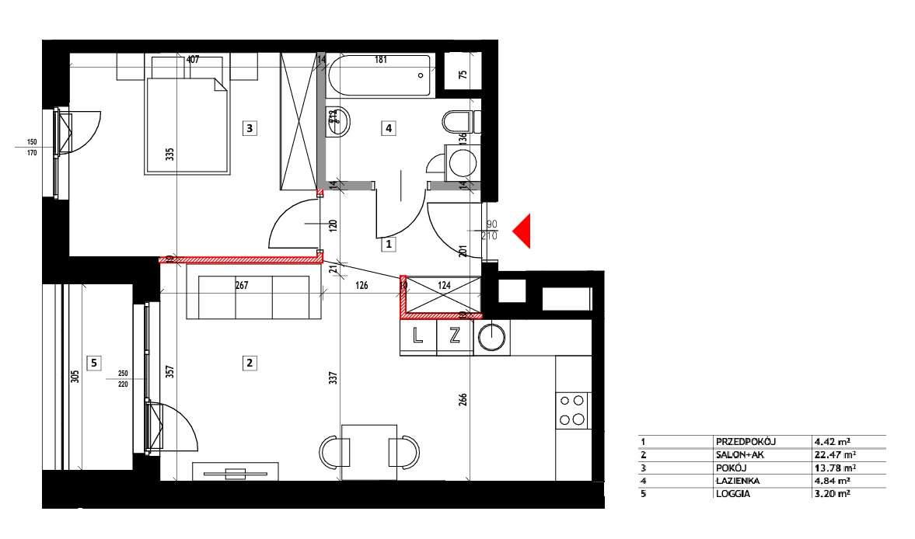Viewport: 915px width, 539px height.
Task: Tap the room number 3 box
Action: pyautogui.click(x=249, y=128)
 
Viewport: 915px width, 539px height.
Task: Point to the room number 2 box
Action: pyautogui.click(x=249, y=362)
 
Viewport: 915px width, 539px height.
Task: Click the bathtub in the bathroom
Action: pyautogui.click(x=379, y=76)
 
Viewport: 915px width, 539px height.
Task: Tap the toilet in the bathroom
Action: pyautogui.click(x=458, y=122)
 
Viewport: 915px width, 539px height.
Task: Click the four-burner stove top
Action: pyautogui.click(x=573, y=411)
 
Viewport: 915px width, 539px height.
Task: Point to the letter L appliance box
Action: pyautogui.click(x=417, y=337)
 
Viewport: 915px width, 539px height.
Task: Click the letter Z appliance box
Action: pyautogui.click(x=455, y=337)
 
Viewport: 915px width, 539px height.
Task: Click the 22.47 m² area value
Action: pyautogui.click(x=835, y=455)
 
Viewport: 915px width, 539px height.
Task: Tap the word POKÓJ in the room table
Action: pyautogui.click(x=730, y=468)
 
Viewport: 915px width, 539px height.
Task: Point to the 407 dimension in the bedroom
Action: pyautogui.click(x=194, y=60)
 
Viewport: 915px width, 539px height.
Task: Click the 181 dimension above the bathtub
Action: pyautogui.click(x=381, y=60)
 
